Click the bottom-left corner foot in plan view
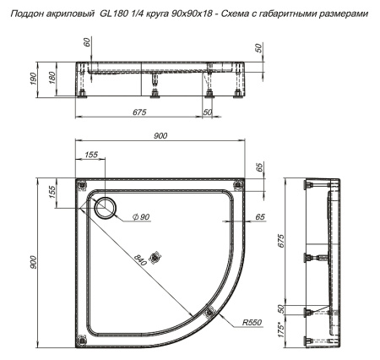[82, 339]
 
